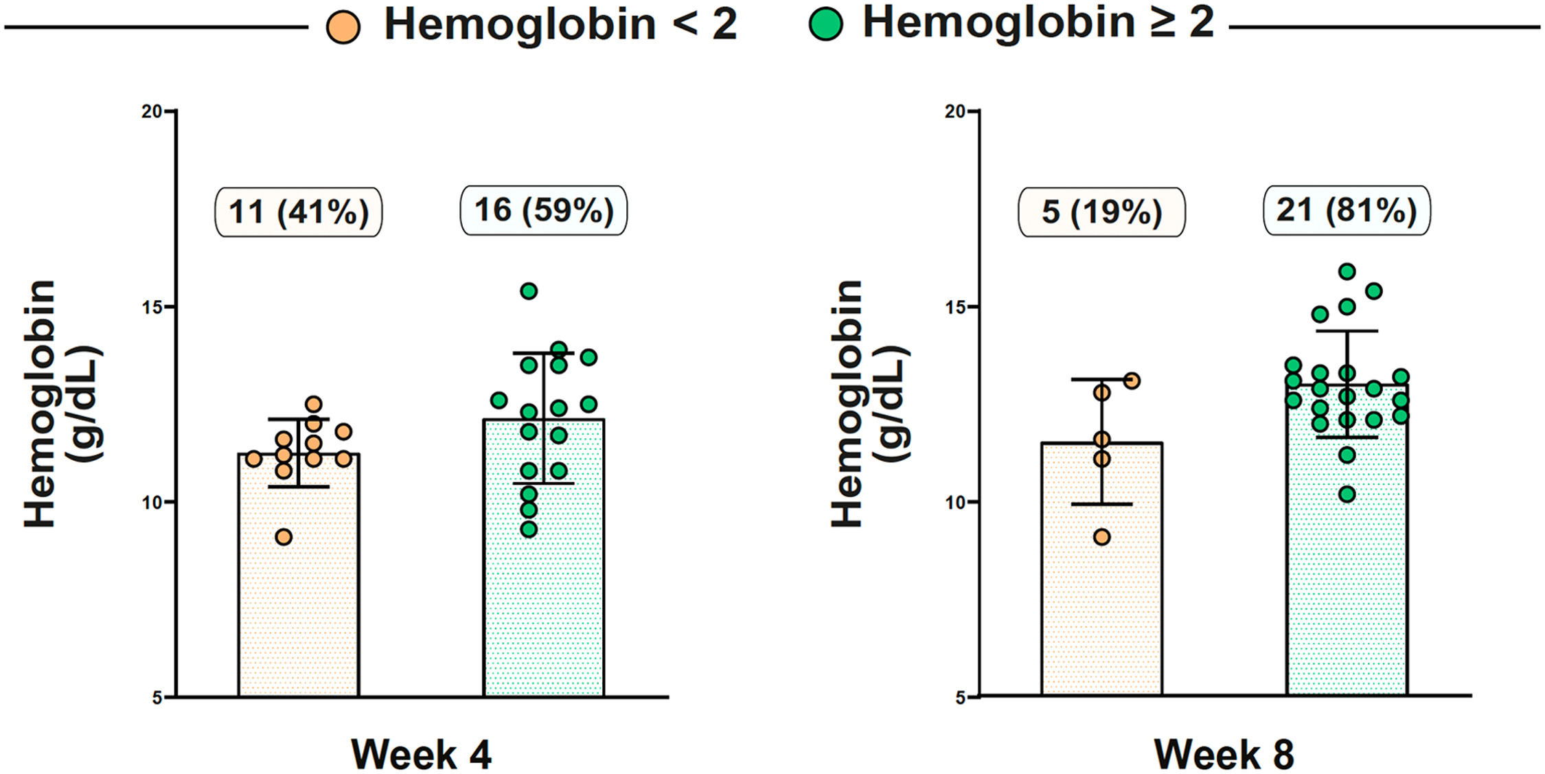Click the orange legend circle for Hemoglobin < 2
(x=343, y=28)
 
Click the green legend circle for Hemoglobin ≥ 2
(x=826, y=25)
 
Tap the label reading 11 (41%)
(x=299, y=212)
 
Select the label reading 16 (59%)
(x=543, y=210)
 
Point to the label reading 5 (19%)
(x=1101, y=212)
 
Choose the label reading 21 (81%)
(x=1347, y=210)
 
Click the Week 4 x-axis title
(x=422, y=754)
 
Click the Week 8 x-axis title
(x=1224, y=754)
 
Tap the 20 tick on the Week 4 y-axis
(x=152, y=111)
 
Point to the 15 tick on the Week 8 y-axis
(x=955, y=306)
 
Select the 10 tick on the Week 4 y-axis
(x=152, y=502)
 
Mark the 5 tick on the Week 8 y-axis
(x=960, y=698)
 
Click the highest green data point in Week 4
(x=529, y=291)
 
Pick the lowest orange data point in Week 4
(x=284, y=537)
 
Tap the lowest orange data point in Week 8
(x=1101, y=537)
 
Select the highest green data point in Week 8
(x=1347, y=271)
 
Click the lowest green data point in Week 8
(x=1347, y=494)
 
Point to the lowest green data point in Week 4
(x=529, y=530)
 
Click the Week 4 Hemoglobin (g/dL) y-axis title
(x=63, y=404)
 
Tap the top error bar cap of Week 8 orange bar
(x=1101, y=379)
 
